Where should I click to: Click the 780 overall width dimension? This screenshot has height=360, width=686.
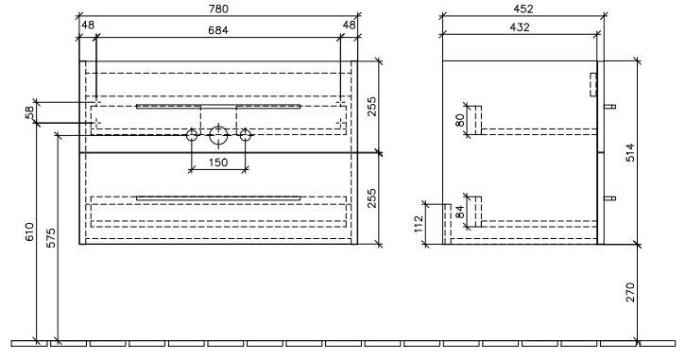pos(219,9)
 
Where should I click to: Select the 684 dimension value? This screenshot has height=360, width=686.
pos(218,30)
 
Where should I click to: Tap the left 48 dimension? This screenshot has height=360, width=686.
pos(88,25)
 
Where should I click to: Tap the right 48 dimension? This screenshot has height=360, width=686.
pos(349,25)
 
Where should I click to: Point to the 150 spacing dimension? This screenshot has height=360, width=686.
pos(218,163)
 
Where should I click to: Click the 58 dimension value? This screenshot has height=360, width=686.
pos(29,112)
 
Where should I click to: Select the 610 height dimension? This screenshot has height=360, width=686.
pos(29,231)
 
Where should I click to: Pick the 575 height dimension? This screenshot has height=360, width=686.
pos(51,237)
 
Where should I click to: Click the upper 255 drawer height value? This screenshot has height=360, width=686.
pos(371,106)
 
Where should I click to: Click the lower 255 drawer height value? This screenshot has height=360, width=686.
pos(371,198)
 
